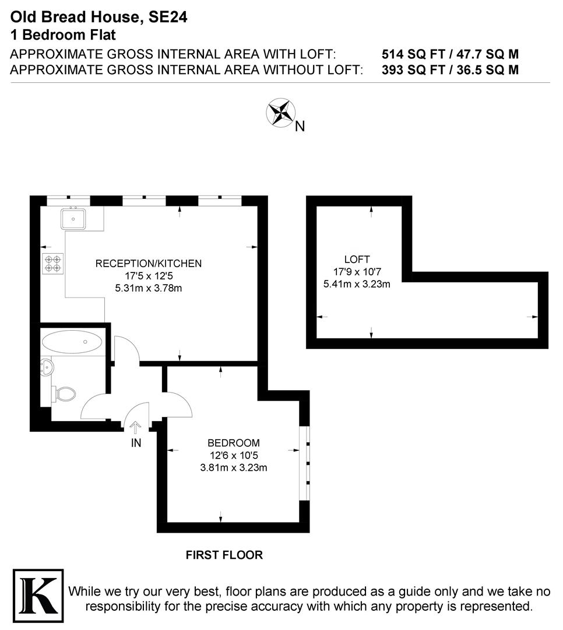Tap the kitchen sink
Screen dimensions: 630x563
[x=74, y=219]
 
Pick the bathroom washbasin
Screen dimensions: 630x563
[x=47, y=367]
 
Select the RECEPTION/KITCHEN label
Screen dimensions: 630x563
[x=149, y=264]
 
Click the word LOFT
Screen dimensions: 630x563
[x=357, y=260]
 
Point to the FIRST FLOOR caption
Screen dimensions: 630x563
[x=224, y=555]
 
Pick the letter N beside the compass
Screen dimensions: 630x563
[x=300, y=126]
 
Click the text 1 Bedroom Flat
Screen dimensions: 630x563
[x=63, y=34]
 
